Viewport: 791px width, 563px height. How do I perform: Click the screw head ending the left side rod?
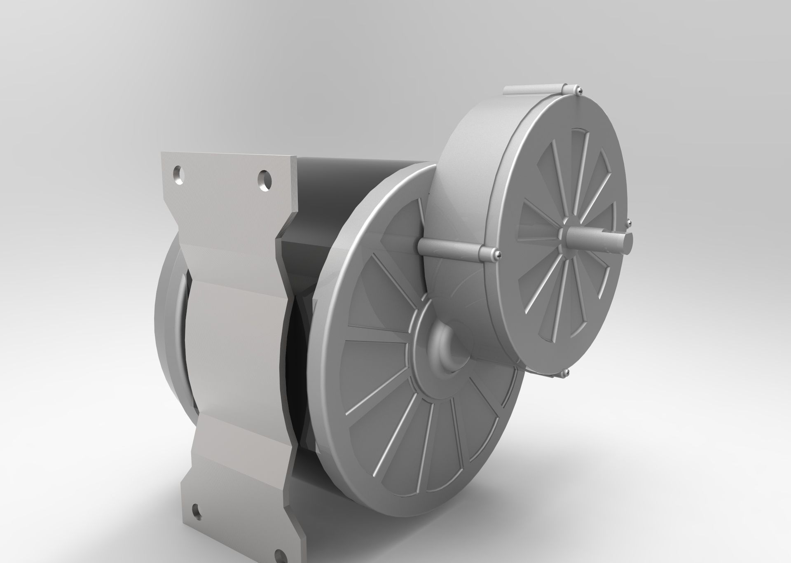pos(497,255)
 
